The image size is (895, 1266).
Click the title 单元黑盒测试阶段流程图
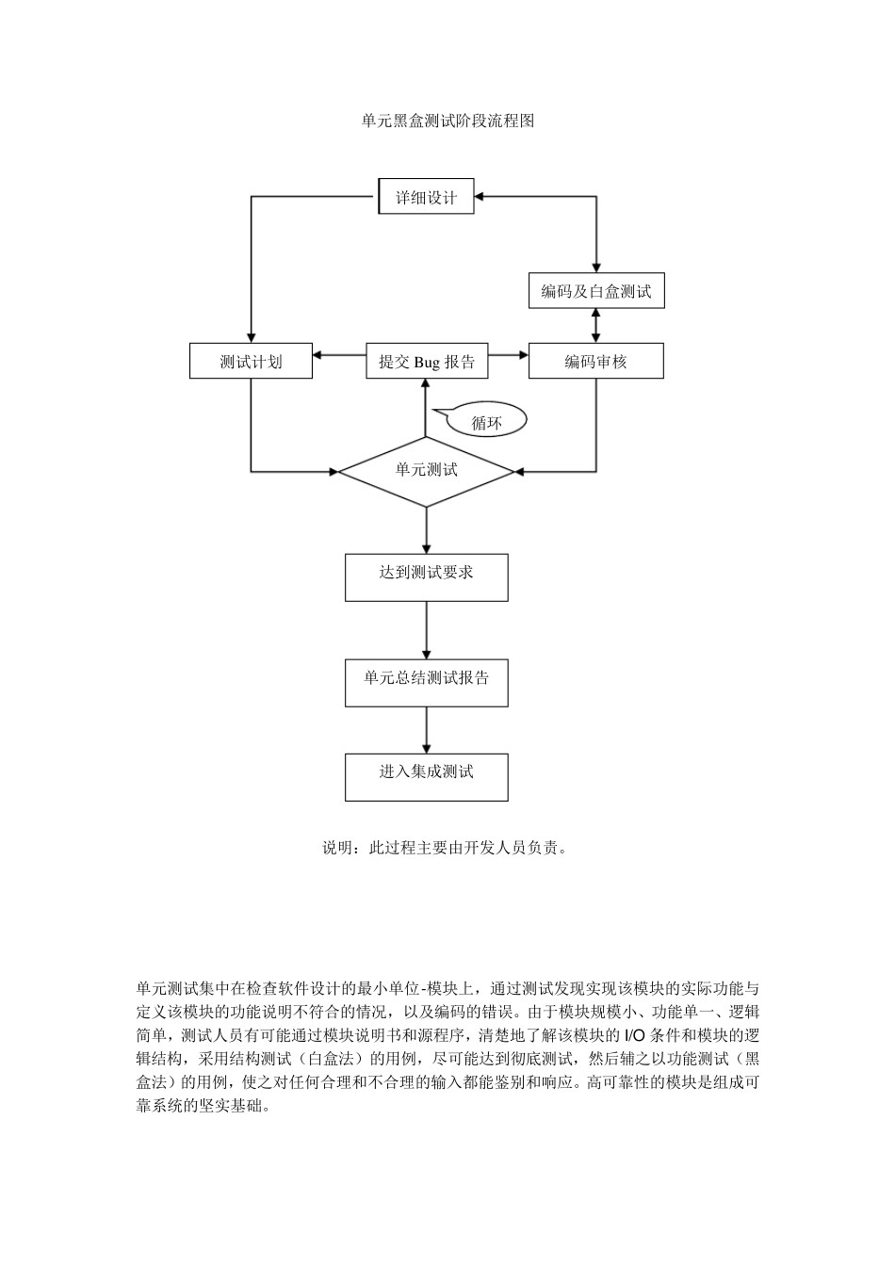pyautogui.click(x=447, y=121)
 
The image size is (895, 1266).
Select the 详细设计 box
pyautogui.click(x=426, y=197)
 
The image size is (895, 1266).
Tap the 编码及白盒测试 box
pyautogui.click(x=595, y=291)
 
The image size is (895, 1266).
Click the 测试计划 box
pyautogui.click(x=251, y=361)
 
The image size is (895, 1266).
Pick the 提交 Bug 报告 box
pyautogui.click(x=427, y=361)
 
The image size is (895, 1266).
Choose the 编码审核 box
pyautogui.click(x=595, y=361)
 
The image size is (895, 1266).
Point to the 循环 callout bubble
pyautogui.click(x=486, y=422)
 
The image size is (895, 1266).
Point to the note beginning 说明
pyautogui.click(x=447, y=848)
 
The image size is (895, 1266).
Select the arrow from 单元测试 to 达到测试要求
pyautogui.click(x=427, y=531)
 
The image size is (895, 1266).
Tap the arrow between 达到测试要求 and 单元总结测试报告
pyautogui.click(x=427, y=630)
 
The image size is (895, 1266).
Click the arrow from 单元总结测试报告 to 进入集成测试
pyautogui.click(x=427, y=730)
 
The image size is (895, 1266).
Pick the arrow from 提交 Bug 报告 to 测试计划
pyautogui.click(x=339, y=355)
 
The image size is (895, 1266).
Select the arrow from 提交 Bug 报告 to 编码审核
pyautogui.click(x=508, y=355)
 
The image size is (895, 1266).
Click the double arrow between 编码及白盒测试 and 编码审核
pyautogui.click(x=595, y=325)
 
